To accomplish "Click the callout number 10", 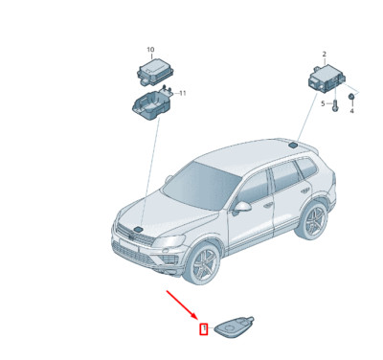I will [x=149, y=49].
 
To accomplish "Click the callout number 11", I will [x=183, y=93].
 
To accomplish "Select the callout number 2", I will [x=324, y=55].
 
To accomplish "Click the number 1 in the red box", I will [x=203, y=330].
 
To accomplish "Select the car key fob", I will [x=235, y=327].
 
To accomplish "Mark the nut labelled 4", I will [x=351, y=98].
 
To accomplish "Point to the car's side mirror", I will [x=243, y=205].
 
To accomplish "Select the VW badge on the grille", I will [x=135, y=234].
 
